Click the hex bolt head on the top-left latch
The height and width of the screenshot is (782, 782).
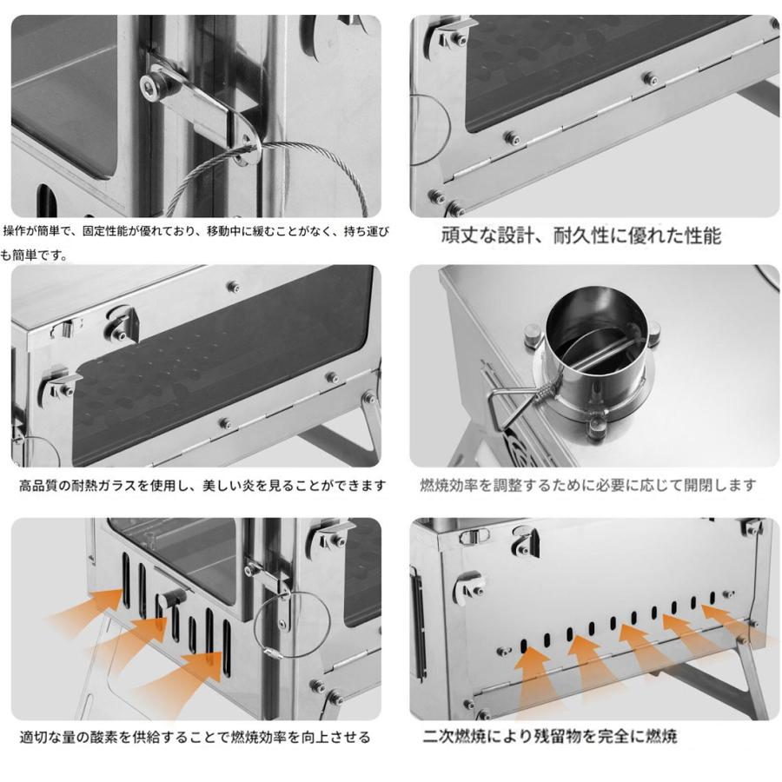coord(157,83)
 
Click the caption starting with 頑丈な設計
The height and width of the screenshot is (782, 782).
coord(581,235)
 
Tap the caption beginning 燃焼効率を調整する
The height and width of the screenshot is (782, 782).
coord(588,486)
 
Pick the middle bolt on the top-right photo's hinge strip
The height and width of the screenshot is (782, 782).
coord(650,78)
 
